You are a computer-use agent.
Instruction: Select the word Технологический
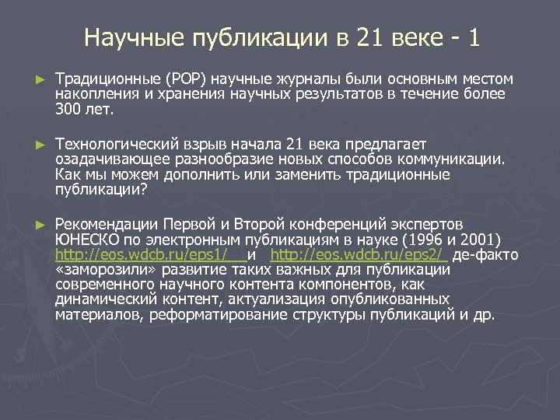(x=117, y=145)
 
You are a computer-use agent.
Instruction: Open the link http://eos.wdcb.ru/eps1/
(x=141, y=254)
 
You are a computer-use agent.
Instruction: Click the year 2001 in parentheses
(x=481, y=240)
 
